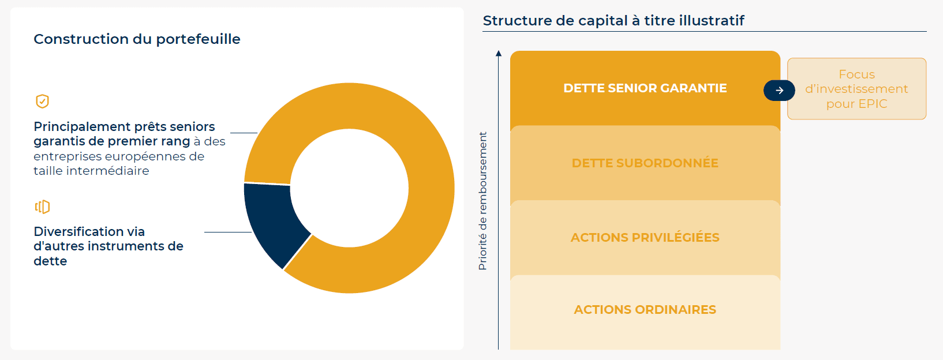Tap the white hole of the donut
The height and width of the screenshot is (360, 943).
point(349,188)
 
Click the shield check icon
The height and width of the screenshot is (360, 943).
point(42,101)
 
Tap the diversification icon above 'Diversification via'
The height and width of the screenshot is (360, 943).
point(42,207)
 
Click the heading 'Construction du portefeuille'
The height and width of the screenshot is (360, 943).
point(137,39)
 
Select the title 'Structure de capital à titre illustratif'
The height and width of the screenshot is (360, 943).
point(613,21)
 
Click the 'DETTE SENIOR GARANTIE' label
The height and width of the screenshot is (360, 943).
point(645,88)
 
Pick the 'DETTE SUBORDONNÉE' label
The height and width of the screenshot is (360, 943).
point(645,163)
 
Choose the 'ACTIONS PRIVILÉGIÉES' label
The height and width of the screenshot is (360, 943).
point(645,238)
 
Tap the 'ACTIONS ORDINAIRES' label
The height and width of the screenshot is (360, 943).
point(645,309)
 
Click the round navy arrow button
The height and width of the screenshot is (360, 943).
point(779,90)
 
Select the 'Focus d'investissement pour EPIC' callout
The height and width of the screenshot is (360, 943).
point(856,89)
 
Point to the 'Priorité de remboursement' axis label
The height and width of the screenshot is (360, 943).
point(482,201)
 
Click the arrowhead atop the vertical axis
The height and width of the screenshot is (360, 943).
point(499,53)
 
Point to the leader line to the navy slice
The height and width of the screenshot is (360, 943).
point(228,232)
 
